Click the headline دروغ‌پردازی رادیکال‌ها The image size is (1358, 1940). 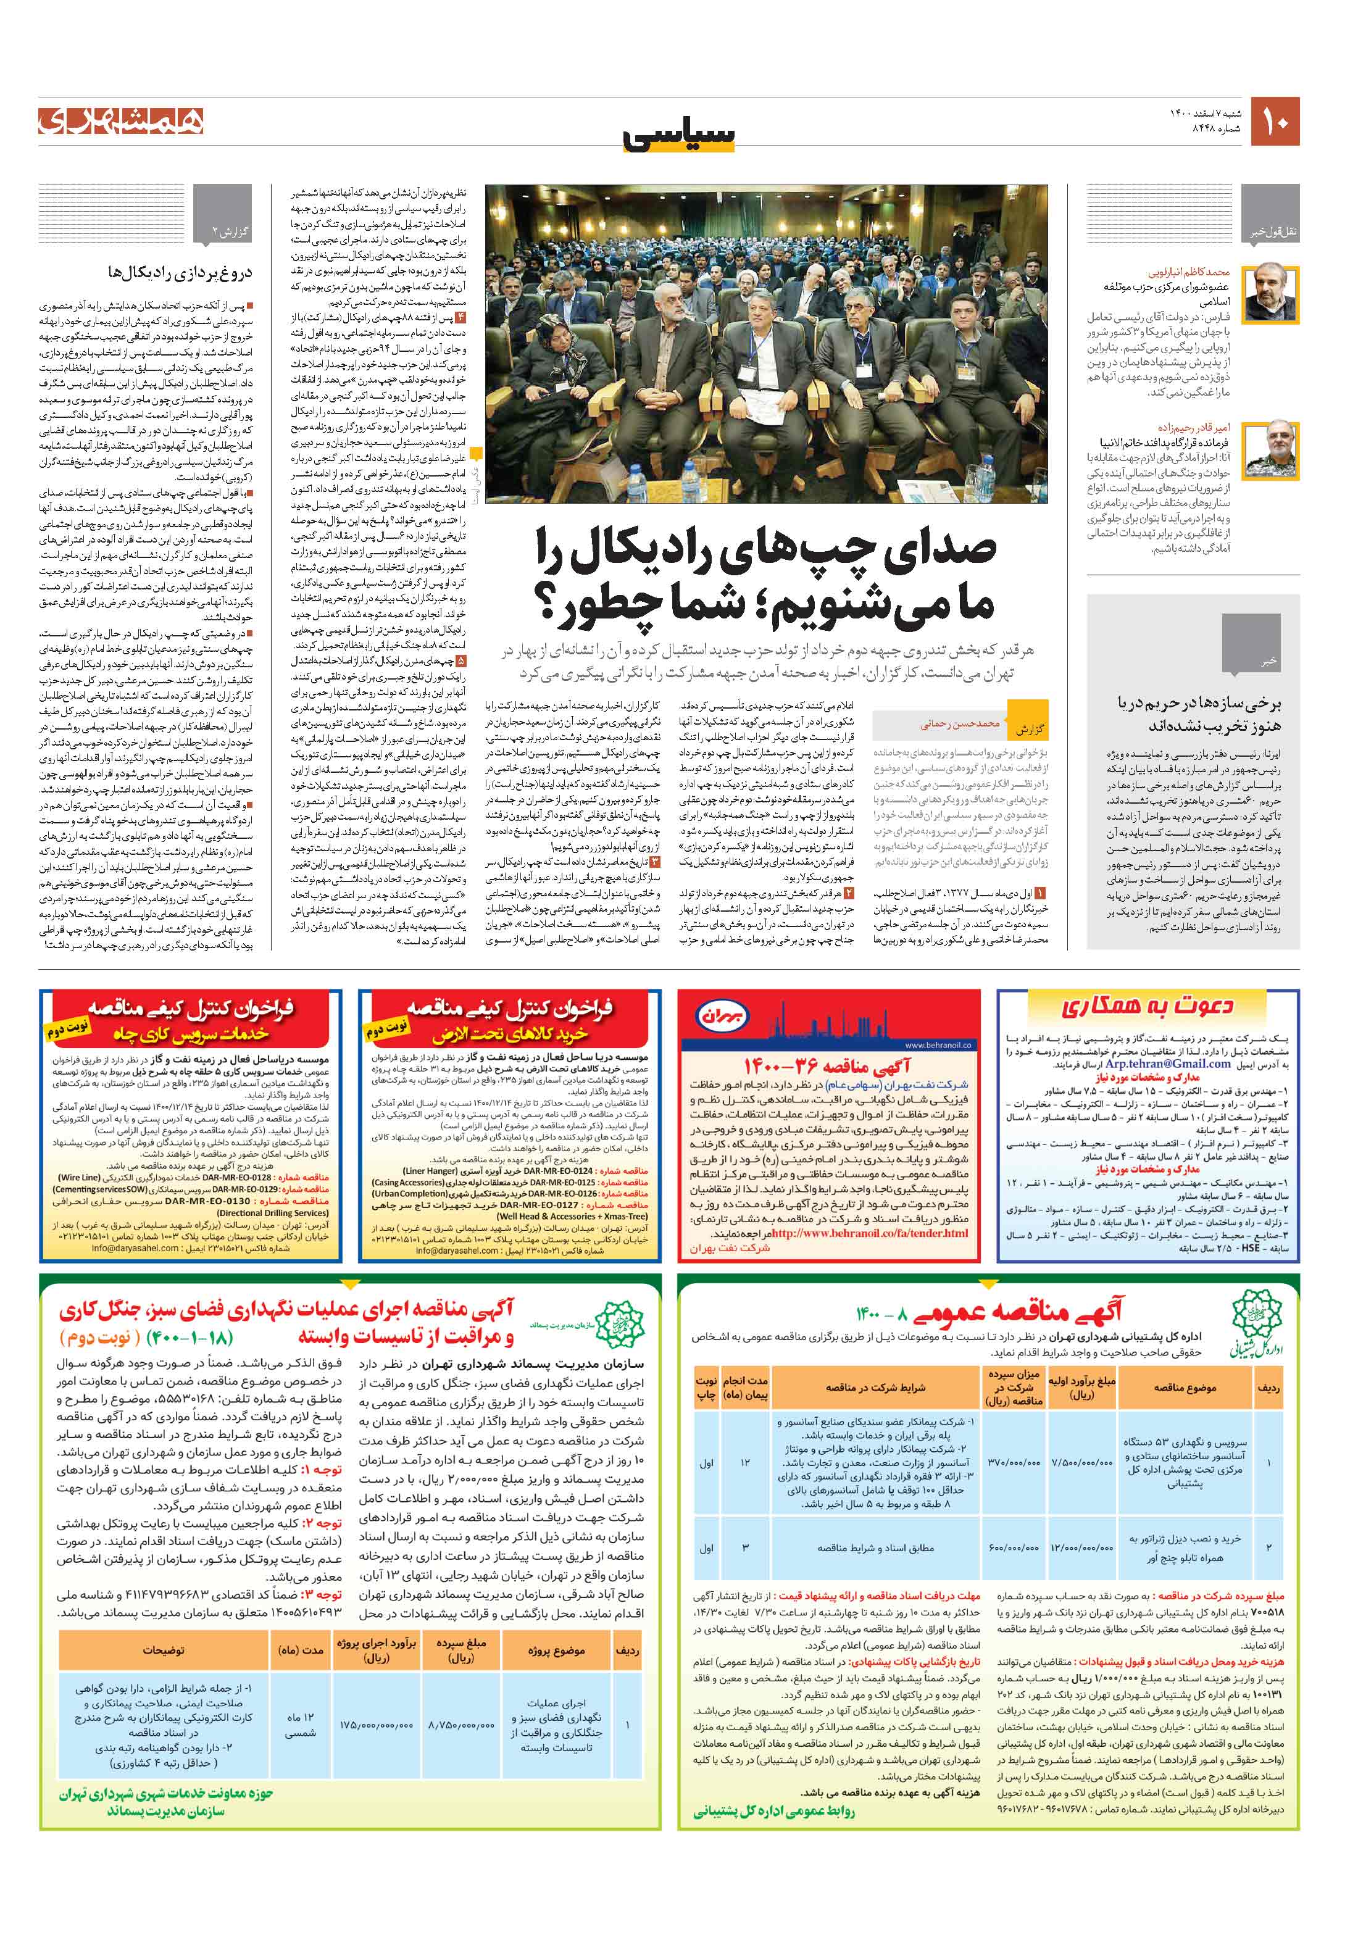(x=180, y=272)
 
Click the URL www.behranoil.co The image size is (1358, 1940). (x=938, y=1045)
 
